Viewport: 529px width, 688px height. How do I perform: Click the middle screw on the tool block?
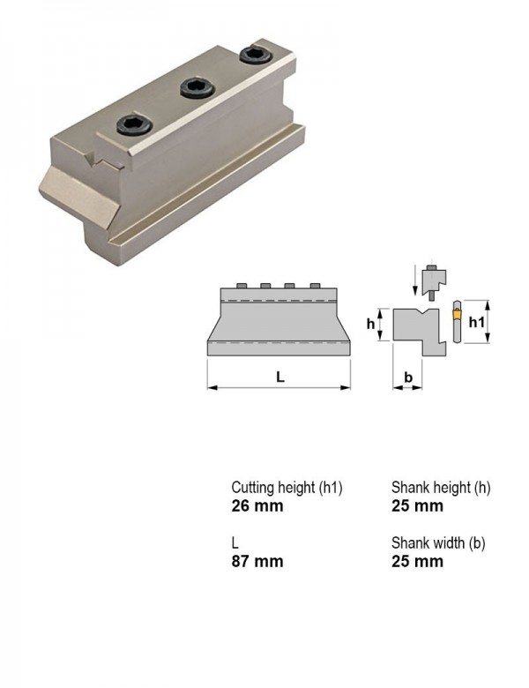(197, 87)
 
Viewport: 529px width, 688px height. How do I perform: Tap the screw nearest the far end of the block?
(257, 55)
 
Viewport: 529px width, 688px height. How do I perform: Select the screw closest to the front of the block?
(134, 124)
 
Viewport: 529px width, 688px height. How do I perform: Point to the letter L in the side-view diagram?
(280, 377)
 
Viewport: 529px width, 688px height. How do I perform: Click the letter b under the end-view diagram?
(408, 377)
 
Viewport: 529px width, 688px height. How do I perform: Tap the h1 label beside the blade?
(476, 323)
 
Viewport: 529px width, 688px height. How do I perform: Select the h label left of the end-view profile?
(371, 324)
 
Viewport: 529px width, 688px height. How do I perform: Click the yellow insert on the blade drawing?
(457, 314)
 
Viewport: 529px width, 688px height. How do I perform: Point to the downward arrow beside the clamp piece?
(414, 280)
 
